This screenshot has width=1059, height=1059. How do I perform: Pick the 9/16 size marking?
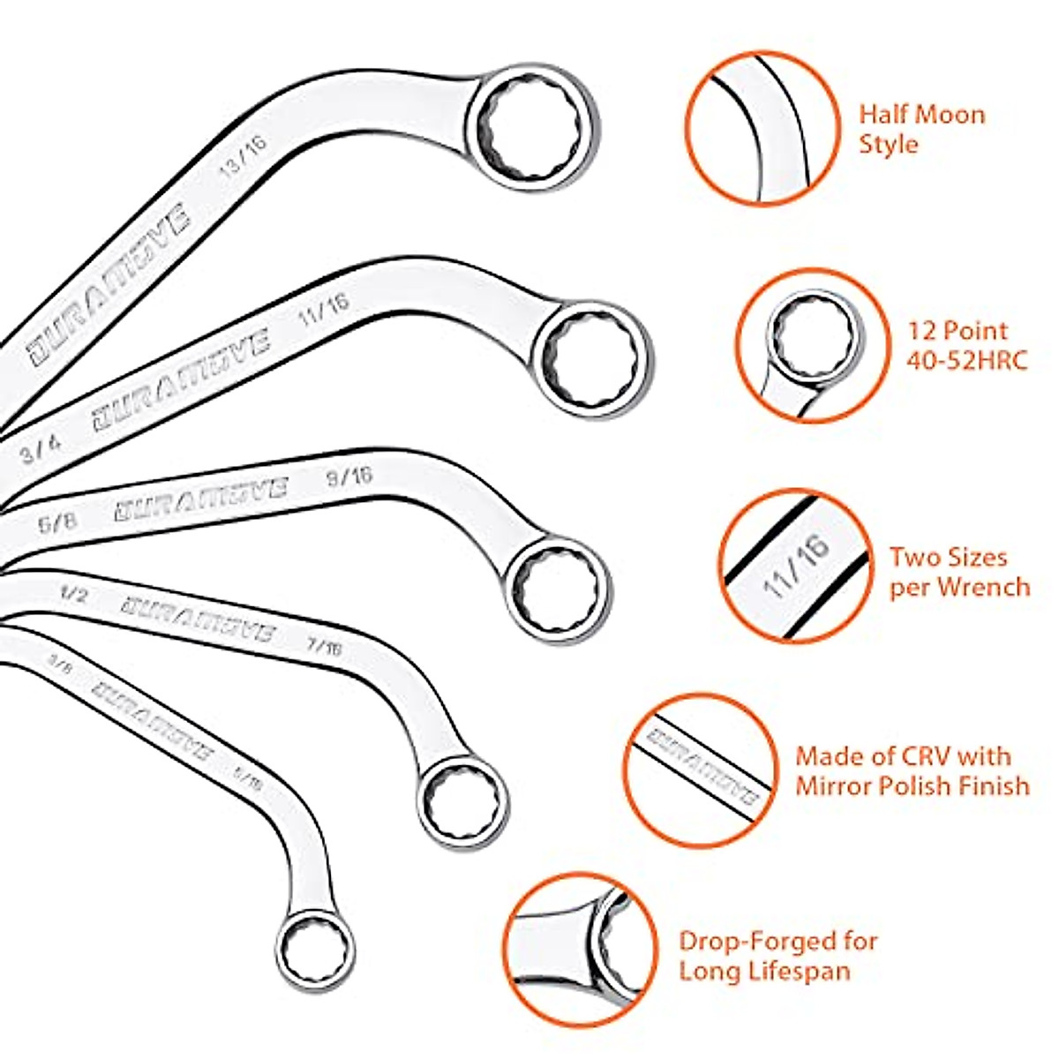coord(349,477)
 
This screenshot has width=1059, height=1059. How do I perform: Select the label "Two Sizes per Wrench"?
coord(958,572)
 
